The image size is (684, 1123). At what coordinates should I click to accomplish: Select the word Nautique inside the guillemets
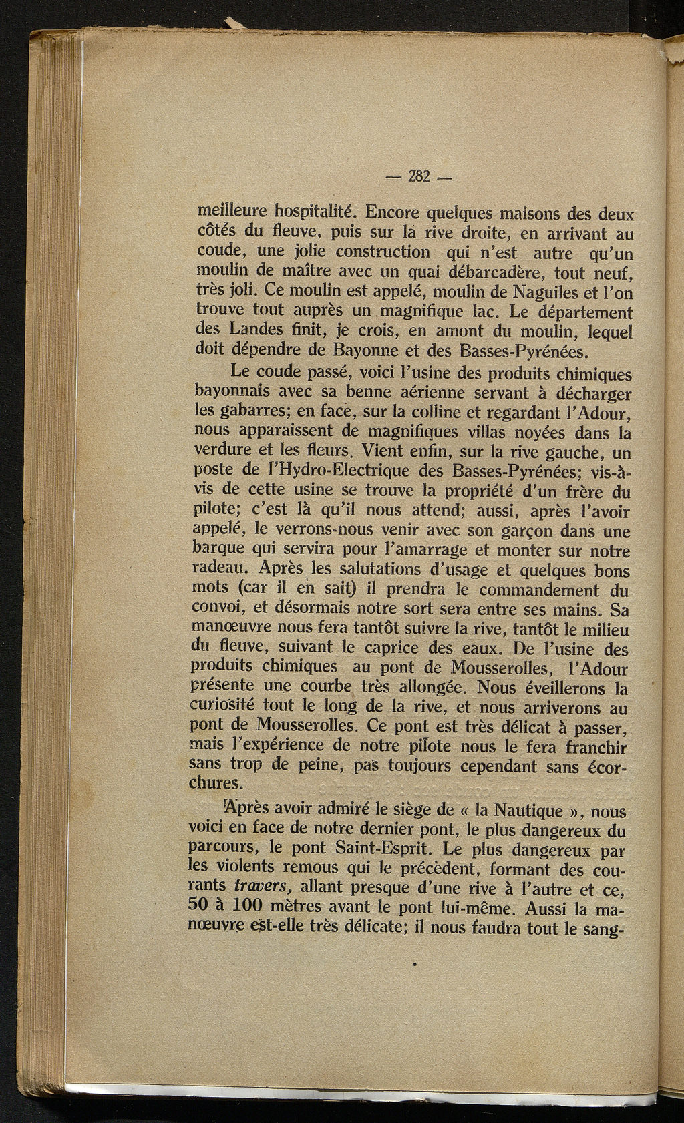[x=518, y=811]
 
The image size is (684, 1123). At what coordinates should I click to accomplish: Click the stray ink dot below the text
[x=415, y=964]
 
